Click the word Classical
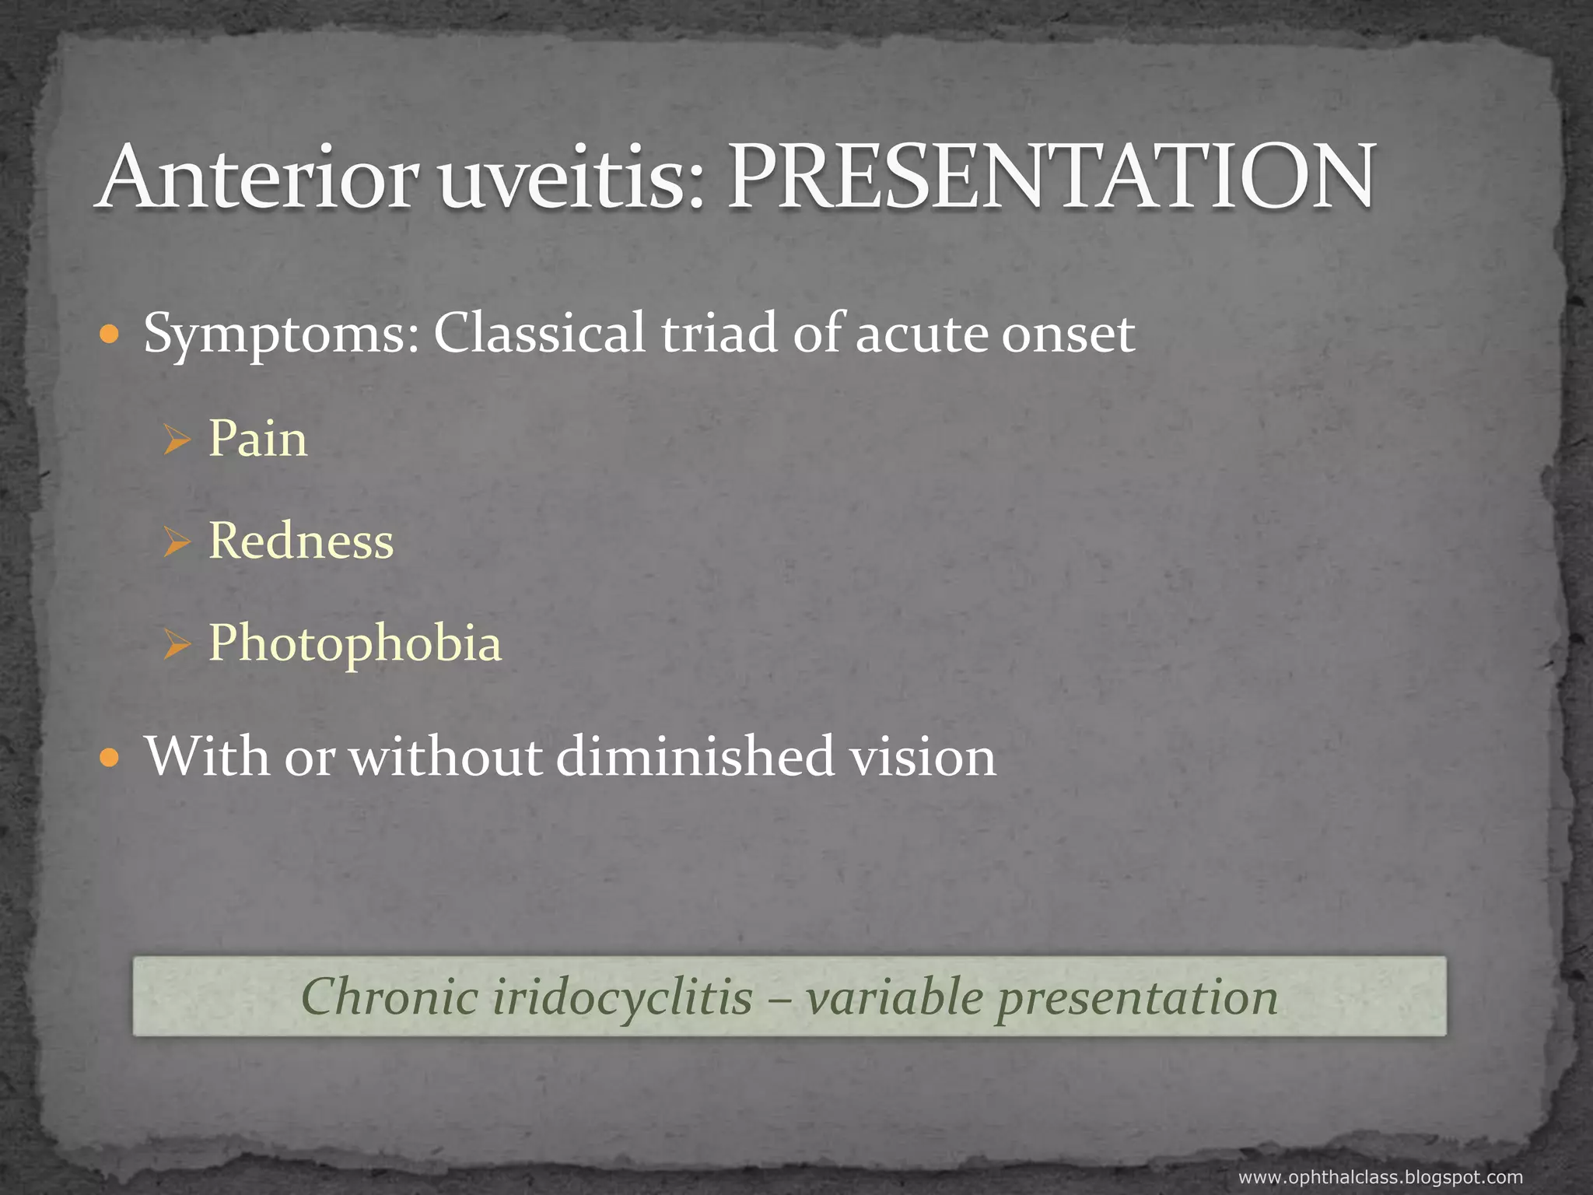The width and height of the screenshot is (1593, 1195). (539, 333)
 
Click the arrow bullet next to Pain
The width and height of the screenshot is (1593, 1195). (177, 442)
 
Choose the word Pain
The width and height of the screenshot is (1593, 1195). (258, 439)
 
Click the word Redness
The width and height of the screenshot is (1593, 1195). (302, 541)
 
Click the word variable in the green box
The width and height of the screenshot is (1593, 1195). (895, 997)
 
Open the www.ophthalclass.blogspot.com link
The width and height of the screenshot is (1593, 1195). (1380, 1177)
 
